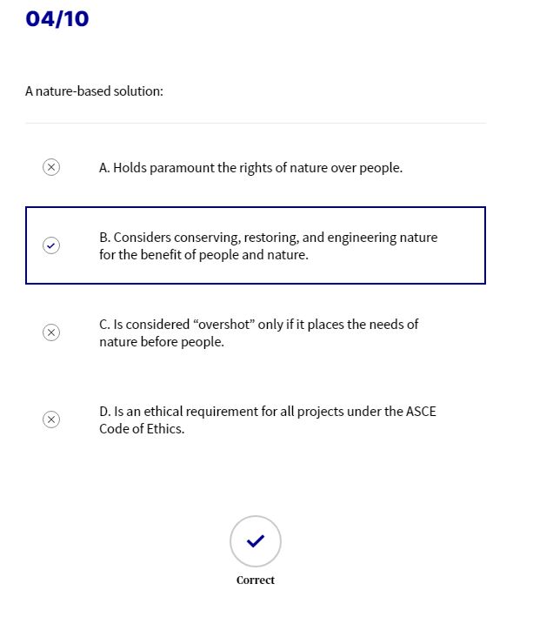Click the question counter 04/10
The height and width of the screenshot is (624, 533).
click(57, 18)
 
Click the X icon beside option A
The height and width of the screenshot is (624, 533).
click(51, 167)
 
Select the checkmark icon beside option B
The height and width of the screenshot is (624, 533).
click(51, 245)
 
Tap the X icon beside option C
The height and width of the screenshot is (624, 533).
click(51, 332)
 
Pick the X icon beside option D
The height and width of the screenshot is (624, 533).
click(51, 419)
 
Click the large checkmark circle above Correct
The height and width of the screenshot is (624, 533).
click(256, 541)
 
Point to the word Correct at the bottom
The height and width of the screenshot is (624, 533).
click(256, 580)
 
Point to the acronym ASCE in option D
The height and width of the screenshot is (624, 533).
click(421, 412)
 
